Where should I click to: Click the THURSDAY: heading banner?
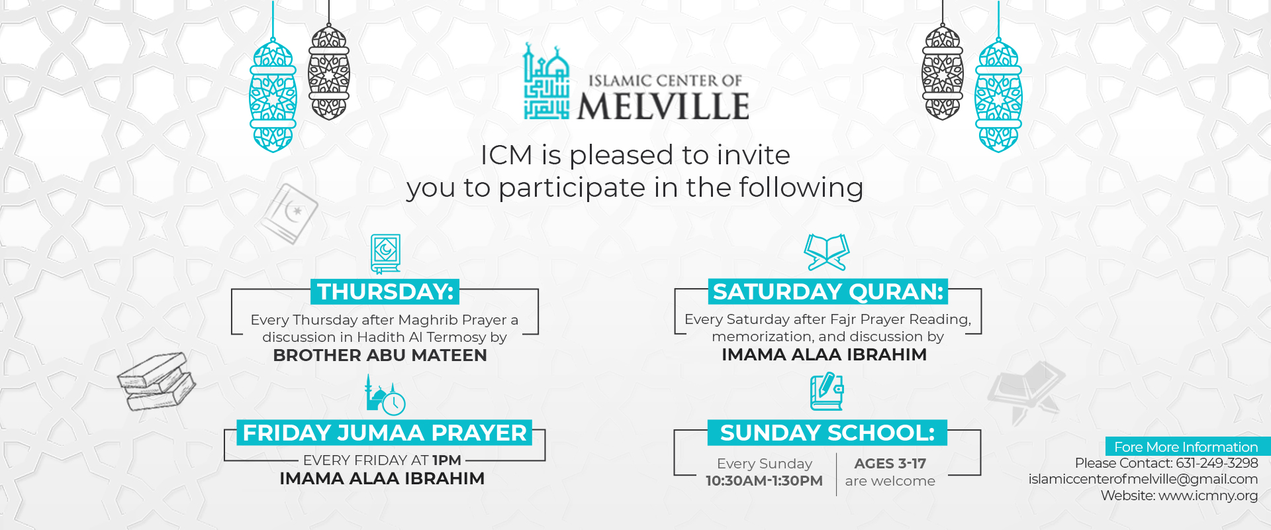(x=385, y=291)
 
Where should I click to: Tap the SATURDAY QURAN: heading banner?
(x=827, y=291)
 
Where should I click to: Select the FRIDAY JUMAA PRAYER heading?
(x=385, y=433)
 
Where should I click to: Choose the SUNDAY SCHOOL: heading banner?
(x=827, y=433)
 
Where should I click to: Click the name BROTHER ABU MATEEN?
(x=380, y=356)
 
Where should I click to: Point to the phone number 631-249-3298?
(x=1217, y=463)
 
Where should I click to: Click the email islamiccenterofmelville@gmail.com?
(x=1143, y=479)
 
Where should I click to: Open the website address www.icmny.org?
(x=1208, y=496)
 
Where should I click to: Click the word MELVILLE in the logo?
(x=663, y=107)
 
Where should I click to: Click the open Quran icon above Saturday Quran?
(x=827, y=252)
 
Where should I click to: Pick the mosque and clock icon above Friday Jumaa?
(x=385, y=395)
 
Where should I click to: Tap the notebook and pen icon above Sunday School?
(x=827, y=392)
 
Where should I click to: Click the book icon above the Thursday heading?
(x=385, y=254)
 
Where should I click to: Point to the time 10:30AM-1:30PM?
(x=764, y=481)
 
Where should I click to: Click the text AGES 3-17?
(x=890, y=464)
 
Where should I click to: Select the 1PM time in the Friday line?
(x=447, y=460)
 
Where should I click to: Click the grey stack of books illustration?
(x=156, y=381)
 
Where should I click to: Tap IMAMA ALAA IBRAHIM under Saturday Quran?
(x=824, y=355)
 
